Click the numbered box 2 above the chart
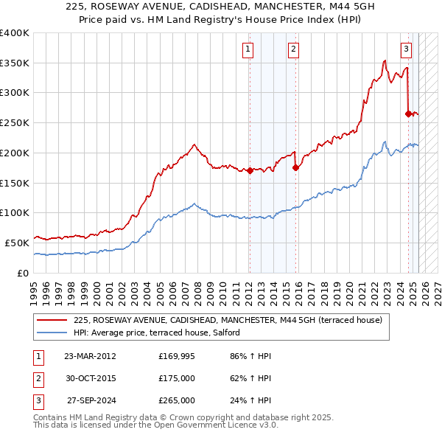click(293, 49)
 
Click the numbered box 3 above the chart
click(406, 49)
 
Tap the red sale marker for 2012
click(250, 170)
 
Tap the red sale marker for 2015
click(295, 167)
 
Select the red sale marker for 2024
click(408, 114)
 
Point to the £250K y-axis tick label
click(14, 122)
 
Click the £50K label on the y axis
click(17, 243)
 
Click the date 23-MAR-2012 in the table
click(90, 356)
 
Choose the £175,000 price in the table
click(176, 378)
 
